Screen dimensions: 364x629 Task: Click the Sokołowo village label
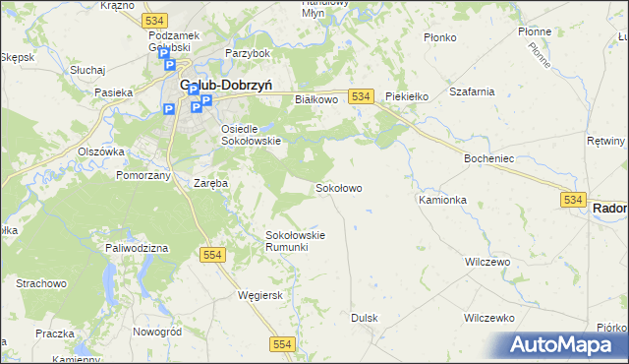click(338, 187)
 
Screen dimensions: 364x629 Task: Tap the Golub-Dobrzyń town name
click(225, 86)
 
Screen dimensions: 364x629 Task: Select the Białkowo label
click(316, 99)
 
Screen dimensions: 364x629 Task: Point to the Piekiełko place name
click(407, 96)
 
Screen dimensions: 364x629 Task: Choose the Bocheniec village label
click(486, 157)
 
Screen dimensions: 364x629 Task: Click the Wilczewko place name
click(489, 319)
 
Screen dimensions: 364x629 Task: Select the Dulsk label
click(365, 318)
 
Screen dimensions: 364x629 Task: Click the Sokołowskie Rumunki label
click(295, 241)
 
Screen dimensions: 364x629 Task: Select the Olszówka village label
click(101, 152)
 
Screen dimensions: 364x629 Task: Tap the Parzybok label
click(247, 52)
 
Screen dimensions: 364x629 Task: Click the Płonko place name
click(439, 37)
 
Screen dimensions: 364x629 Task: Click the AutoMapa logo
click(560, 345)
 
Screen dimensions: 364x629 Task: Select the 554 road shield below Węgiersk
click(283, 342)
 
